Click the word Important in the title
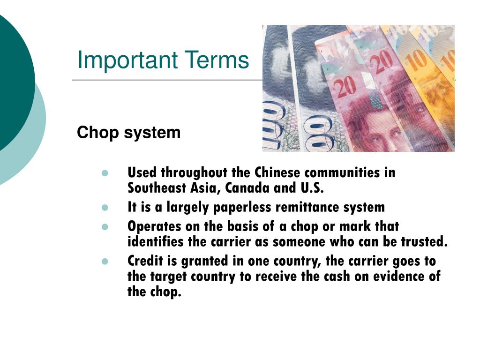124,60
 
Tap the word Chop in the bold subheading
97,133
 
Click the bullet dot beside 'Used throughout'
105,173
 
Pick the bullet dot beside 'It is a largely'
105,207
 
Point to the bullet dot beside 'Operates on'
105,226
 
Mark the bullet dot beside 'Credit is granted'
105,261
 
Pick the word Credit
143,261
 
